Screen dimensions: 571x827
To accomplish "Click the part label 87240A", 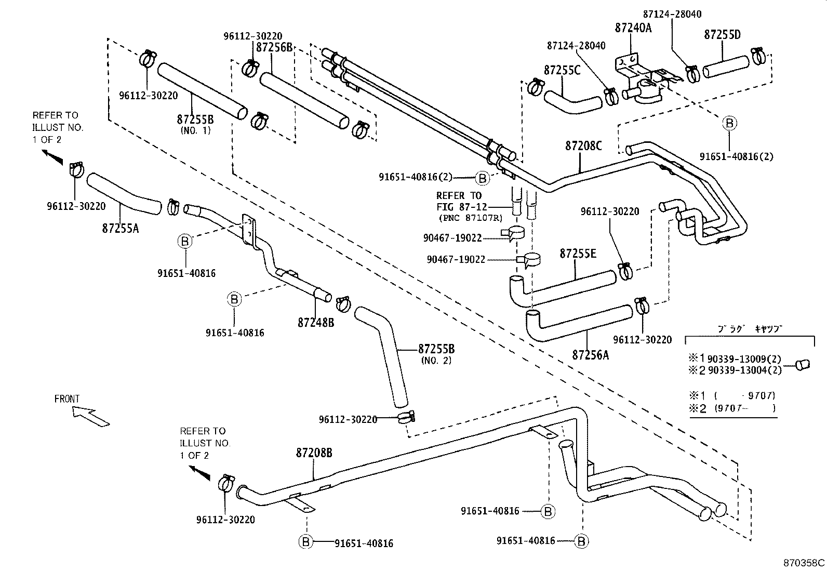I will pos(633,28).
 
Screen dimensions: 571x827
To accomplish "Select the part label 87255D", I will pos(722,35).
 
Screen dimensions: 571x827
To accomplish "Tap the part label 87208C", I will pos(583,146).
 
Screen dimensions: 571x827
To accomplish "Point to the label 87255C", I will pos(562,70).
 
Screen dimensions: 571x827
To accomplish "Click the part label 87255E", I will pos(578,254).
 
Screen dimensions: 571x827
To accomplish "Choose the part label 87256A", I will pos(590,355).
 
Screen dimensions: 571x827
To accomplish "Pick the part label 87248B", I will pos(315,323).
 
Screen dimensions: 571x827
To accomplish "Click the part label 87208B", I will pos(314,453).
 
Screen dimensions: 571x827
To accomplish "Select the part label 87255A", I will pos(121,228).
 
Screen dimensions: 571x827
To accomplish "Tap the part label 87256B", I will pos(274,47).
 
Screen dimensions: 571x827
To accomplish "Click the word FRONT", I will pos(67,399).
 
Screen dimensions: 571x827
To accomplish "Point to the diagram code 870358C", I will pos(804,563).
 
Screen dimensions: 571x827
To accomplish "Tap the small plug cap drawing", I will pos(803,365).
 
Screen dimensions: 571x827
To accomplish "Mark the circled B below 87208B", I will pos(306,542).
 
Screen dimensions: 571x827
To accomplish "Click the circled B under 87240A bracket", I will pos(729,123).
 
